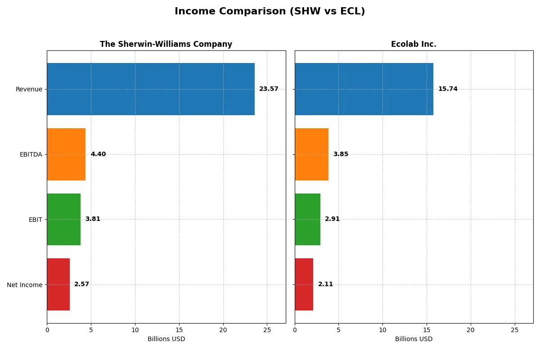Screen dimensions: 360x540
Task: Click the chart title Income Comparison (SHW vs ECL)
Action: click(x=270, y=11)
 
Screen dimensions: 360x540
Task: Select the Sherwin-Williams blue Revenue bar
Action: click(x=150, y=89)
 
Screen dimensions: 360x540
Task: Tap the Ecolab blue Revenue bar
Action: click(x=364, y=89)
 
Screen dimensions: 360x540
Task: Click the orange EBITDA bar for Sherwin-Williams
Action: click(x=66, y=154)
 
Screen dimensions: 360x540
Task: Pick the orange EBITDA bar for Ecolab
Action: click(x=311, y=154)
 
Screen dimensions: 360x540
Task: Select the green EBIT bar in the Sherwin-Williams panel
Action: click(x=63, y=219)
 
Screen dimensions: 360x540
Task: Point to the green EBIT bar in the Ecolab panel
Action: click(x=307, y=219)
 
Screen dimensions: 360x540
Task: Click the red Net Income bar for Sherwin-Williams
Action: click(x=58, y=284)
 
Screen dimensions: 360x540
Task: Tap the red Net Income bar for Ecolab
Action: click(x=304, y=284)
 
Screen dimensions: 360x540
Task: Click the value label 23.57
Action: click(x=269, y=89)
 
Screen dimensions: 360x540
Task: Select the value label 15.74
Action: click(x=448, y=89)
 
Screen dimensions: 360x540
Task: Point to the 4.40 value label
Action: click(x=98, y=154)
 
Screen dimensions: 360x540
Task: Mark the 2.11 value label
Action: click(x=325, y=284)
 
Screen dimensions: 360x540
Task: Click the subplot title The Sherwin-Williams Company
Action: click(x=166, y=44)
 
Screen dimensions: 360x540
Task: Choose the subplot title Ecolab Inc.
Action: click(x=414, y=44)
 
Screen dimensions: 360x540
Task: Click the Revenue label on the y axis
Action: click(x=29, y=89)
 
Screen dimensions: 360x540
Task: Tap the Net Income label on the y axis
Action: click(x=25, y=284)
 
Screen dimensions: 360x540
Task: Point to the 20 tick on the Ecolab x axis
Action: click(x=471, y=330)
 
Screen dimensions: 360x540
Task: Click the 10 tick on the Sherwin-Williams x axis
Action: click(x=135, y=330)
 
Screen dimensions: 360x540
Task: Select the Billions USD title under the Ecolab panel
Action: click(x=414, y=339)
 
